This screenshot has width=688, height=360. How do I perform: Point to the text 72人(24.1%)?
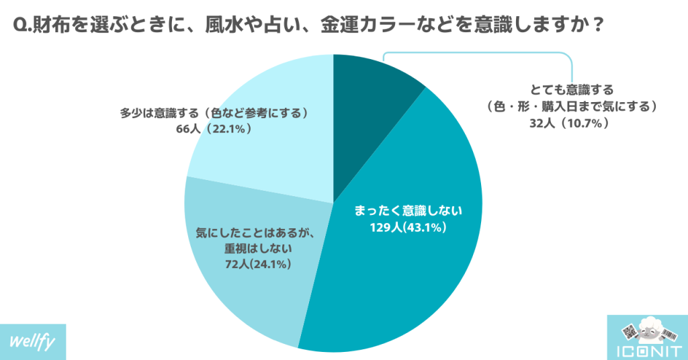click(x=257, y=264)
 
